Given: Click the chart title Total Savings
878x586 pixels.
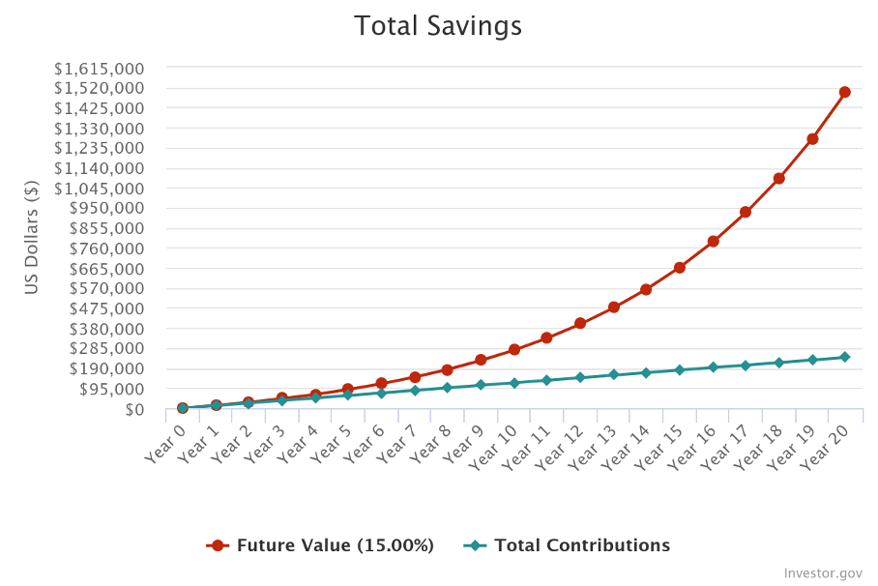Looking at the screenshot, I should tap(438, 26).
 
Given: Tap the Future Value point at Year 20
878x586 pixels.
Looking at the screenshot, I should tap(844, 93).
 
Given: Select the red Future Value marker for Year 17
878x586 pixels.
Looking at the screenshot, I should tap(746, 212).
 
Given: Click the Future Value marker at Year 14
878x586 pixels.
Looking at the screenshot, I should tap(646, 289).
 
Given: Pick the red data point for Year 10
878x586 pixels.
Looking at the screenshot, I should tap(514, 349).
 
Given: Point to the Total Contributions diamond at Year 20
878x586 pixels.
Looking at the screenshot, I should tap(844, 357).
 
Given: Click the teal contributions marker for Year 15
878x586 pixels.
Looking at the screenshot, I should tap(679, 370).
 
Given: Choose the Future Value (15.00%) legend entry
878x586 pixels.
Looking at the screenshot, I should tap(321, 545).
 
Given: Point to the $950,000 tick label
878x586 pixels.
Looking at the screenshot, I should tap(109, 208).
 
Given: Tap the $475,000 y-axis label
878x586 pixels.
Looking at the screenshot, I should tap(109, 308).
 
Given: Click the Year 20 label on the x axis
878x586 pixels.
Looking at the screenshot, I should tap(824, 444).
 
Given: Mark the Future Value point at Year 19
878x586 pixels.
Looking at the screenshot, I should tap(812, 138).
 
